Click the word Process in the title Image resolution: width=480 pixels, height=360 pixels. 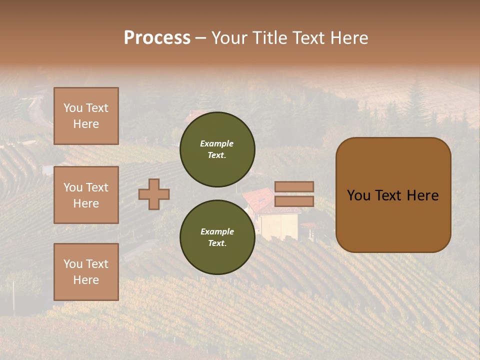pos(157,38)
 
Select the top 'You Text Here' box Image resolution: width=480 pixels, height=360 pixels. pos(86,116)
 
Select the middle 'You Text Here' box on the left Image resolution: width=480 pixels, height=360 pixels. pos(86,195)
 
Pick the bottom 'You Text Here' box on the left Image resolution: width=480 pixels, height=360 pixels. pos(86,271)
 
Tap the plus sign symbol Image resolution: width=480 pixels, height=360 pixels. pos(154,194)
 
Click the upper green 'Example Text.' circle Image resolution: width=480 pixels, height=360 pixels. pos(217,149)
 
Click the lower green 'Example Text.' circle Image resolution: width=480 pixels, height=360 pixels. pos(217,237)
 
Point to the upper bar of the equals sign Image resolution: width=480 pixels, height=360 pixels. pos(294,186)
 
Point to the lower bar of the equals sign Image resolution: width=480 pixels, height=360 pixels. pos(294,201)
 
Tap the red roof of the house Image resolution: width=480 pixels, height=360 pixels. pos(260,200)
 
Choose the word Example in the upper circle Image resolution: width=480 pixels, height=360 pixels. pos(216,143)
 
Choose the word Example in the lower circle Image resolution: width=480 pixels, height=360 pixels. pos(217,231)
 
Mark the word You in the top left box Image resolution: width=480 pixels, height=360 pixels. pos(73,108)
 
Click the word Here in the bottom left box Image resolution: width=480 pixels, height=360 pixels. pos(86,280)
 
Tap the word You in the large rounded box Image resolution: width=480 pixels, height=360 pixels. pos(358,195)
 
